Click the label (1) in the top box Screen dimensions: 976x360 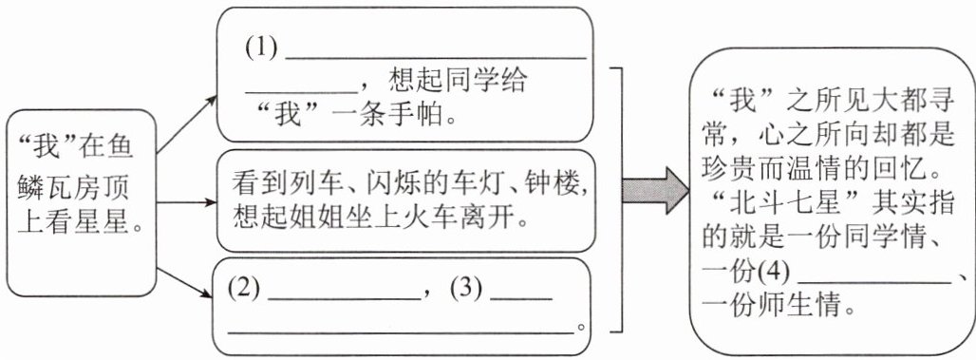(261, 49)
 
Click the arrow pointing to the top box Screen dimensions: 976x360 (186, 124)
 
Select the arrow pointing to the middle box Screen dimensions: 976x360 (186, 202)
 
